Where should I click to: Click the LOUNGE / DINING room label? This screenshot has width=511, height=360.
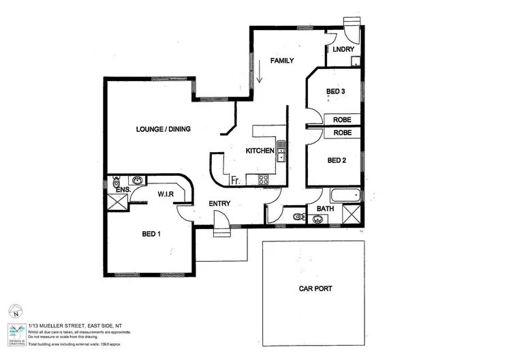tap(163, 129)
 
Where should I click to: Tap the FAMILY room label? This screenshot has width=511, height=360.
tap(281, 61)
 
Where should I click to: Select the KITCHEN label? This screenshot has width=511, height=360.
tap(260, 151)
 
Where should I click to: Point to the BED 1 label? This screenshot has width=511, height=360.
tap(151, 233)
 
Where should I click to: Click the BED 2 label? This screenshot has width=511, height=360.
tap(337, 160)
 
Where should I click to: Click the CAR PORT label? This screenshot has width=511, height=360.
tap(315, 289)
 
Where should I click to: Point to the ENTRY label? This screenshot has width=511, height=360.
tap(219, 203)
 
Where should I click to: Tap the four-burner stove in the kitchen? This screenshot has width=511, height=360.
tap(262, 180)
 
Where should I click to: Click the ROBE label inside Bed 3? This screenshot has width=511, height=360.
tap(342, 120)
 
